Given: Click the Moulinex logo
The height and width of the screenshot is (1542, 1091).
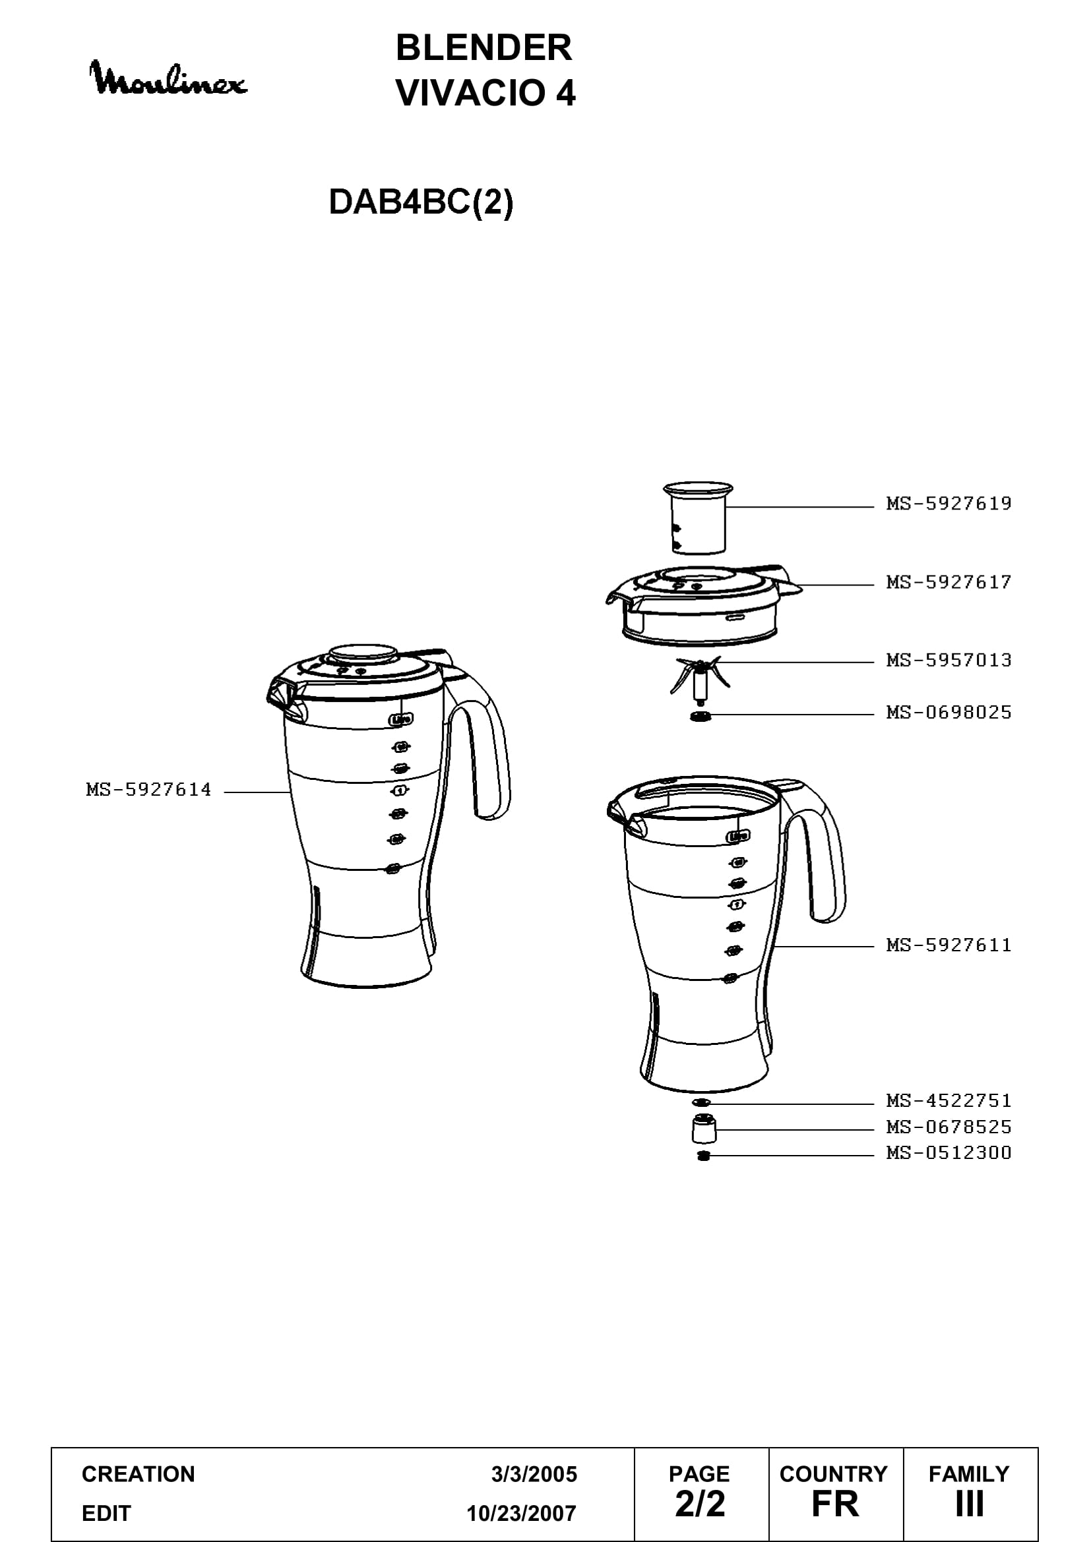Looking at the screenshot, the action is (169, 78).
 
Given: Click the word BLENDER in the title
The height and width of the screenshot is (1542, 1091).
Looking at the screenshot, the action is (483, 47).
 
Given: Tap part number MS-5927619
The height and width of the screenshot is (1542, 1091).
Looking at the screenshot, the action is (949, 504).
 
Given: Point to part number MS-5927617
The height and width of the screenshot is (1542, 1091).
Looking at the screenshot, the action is (949, 582).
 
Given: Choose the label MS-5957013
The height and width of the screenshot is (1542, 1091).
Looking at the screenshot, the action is (949, 660).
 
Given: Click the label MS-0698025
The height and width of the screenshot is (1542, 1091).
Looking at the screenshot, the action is (949, 713).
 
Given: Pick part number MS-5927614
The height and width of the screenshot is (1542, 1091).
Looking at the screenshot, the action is (148, 790).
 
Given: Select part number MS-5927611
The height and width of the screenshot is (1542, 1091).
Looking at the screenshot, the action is (949, 945).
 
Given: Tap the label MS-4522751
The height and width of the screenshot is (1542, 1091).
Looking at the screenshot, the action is (949, 1101).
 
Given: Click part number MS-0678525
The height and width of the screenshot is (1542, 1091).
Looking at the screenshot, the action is (949, 1127).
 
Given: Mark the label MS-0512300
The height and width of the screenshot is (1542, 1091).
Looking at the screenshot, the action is (949, 1153).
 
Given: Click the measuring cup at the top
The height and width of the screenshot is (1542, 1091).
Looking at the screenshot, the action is (698, 517).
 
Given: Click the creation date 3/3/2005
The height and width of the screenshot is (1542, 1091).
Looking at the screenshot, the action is (534, 1474).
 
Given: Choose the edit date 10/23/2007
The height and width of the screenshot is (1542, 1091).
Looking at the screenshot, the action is (522, 1513).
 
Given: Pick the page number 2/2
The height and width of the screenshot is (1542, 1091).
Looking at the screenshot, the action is (700, 1504).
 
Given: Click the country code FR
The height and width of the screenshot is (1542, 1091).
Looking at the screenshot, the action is (835, 1504).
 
